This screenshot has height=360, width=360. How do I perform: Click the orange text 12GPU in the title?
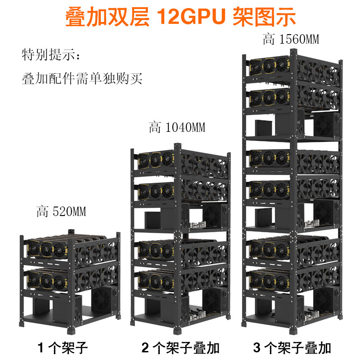192,17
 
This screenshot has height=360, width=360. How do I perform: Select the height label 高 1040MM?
177,128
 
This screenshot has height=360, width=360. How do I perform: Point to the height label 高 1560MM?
291,39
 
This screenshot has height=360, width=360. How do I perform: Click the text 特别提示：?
52,56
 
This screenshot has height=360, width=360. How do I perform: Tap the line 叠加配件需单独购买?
82,79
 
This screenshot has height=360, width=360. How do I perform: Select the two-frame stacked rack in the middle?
180,234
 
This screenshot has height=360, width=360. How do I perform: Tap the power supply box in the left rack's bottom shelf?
66,309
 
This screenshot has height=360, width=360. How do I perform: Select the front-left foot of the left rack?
22,324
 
